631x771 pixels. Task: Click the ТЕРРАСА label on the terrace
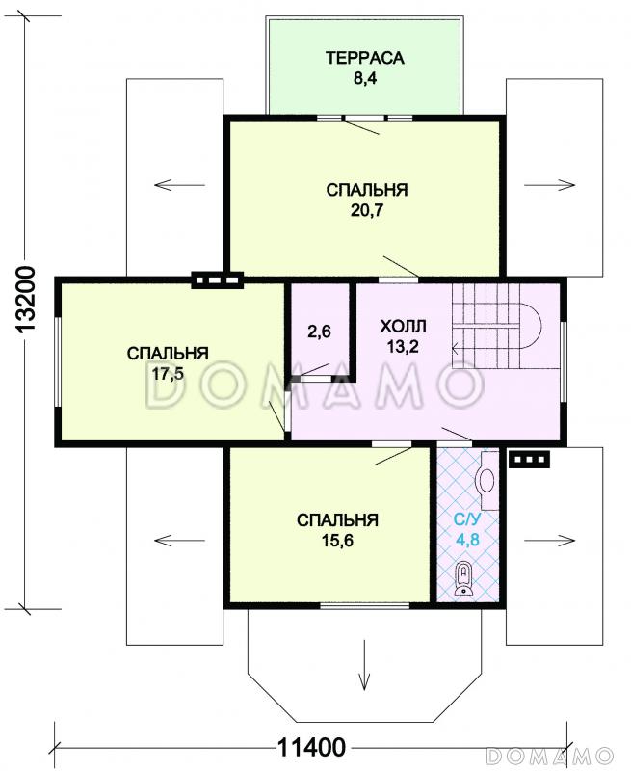pos(365,58)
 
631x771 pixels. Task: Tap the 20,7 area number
pos(367,210)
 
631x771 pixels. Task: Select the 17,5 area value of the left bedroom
pos(168,374)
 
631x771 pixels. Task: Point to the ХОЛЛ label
pos(403,326)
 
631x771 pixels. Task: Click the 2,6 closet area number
pos(320,332)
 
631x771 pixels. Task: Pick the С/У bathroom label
pos(467,519)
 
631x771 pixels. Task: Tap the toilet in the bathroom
pos(463,579)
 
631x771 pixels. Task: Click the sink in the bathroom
pos(487,480)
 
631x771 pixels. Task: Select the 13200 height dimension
pos(27,301)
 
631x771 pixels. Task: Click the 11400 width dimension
pos(311,748)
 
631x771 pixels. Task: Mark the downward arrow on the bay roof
pos(364,665)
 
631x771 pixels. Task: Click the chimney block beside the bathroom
pos(529,461)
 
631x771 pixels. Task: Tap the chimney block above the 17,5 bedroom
pos(217,280)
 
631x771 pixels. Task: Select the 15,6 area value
pos(337,541)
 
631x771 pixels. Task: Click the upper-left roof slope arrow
pos(179,185)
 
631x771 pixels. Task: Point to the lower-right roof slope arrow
pos(549,541)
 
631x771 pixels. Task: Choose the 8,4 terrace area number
pos(365,78)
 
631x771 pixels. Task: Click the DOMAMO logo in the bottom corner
pos(550,756)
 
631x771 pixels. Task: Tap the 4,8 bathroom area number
pos(467,540)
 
